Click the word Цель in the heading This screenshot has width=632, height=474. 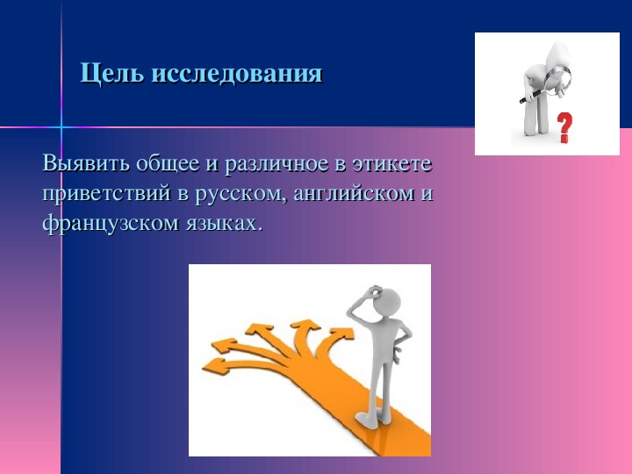click(111, 74)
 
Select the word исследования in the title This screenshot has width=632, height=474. click(237, 74)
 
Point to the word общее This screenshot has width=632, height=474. click(168, 164)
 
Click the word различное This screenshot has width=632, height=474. click(276, 165)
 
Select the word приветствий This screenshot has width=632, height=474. click(106, 194)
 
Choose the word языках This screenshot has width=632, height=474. click(225, 224)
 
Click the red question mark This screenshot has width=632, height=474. click(565, 127)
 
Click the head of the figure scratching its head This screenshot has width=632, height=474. click(386, 301)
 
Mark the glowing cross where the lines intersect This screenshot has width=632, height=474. click(61, 127)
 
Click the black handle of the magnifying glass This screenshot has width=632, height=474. click(532, 97)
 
